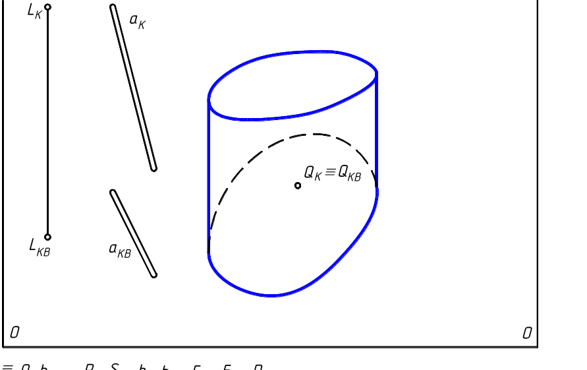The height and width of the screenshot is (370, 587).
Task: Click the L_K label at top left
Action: click(35, 12)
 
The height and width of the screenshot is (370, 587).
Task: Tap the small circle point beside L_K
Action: click(47, 7)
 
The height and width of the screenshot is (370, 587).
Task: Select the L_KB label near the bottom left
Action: click(39, 247)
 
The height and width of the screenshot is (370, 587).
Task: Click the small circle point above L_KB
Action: click(47, 237)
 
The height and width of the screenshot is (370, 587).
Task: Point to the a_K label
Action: click(137, 21)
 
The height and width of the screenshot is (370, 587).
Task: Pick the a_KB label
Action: click(119, 250)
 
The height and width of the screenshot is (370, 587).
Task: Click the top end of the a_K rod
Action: click(113, 8)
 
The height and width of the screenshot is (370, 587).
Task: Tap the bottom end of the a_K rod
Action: click(154, 168)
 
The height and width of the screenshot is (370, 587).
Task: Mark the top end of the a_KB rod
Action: click(113, 193)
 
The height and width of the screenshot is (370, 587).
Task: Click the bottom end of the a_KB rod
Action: click(154, 274)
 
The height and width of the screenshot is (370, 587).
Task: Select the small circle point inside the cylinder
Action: click(298, 185)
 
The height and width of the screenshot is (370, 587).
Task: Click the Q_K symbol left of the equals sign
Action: click(312, 172)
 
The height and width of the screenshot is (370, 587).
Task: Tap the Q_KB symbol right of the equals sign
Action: click(349, 173)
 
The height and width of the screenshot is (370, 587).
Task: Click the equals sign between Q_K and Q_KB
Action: click(330, 172)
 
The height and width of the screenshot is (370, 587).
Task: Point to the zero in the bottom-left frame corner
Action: click(14, 332)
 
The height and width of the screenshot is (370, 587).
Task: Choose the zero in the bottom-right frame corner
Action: click(527, 333)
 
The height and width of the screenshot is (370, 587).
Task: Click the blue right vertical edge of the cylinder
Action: click(377, 132)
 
